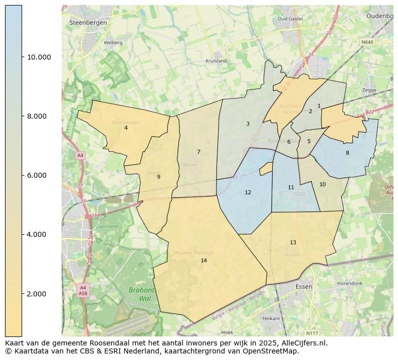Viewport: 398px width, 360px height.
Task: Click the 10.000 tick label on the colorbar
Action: pos(39,57)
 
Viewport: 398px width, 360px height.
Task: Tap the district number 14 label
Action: pos(204,260)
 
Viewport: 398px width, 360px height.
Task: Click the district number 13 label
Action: pos(293,242)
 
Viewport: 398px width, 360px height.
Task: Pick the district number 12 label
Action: pos(248,192)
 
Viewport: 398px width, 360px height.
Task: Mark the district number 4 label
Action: pos(126,128)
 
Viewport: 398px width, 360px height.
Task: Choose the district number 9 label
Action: pos(158,177)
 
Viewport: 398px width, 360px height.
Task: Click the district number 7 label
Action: pos(198,152)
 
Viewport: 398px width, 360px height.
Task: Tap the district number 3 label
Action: pos(247,124)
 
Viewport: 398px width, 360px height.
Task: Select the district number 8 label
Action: pos(347,153)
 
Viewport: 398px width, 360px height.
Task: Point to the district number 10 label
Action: pos(322,184)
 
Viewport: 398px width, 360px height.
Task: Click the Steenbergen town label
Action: pos(85,23)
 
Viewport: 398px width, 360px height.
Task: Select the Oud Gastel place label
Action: pos(290,19)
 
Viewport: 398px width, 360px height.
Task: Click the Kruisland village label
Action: pos(216,61)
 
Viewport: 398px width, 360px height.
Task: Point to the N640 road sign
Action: pos(367,42)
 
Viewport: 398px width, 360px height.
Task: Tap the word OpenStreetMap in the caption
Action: pos(273,351)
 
